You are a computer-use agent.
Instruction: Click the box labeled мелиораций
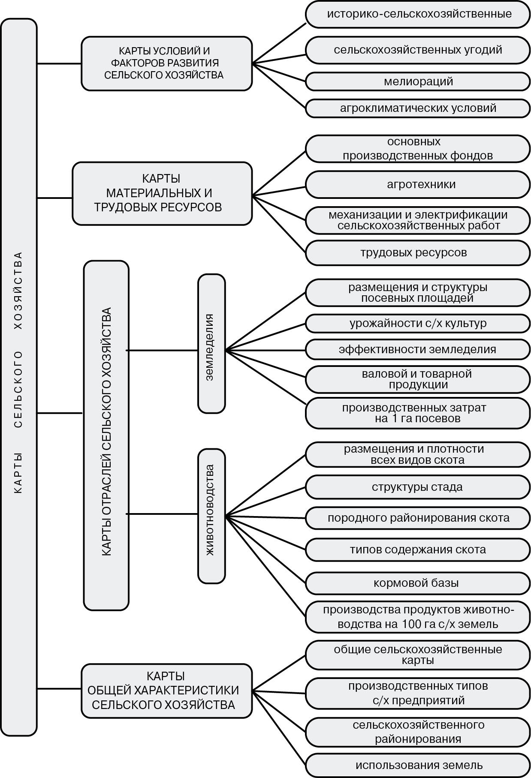point(418,81)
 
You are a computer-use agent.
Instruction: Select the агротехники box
point(418,184)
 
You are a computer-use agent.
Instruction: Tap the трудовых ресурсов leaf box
point(418,252)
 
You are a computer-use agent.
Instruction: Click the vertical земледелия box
point(211,343)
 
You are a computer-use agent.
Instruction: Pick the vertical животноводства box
point(211,516)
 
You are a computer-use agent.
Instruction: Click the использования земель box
point(418,765)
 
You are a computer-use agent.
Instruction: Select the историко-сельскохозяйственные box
point(418,14)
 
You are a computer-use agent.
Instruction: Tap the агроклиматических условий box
point(418,108)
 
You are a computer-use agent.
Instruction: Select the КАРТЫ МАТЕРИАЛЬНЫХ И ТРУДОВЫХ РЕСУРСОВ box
point(162,193)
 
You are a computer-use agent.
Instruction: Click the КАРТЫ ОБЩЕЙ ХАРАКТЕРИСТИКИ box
point(166,691)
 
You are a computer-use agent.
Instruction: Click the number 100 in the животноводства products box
point(411,624)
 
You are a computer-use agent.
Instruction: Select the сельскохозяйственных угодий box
point(418,50)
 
